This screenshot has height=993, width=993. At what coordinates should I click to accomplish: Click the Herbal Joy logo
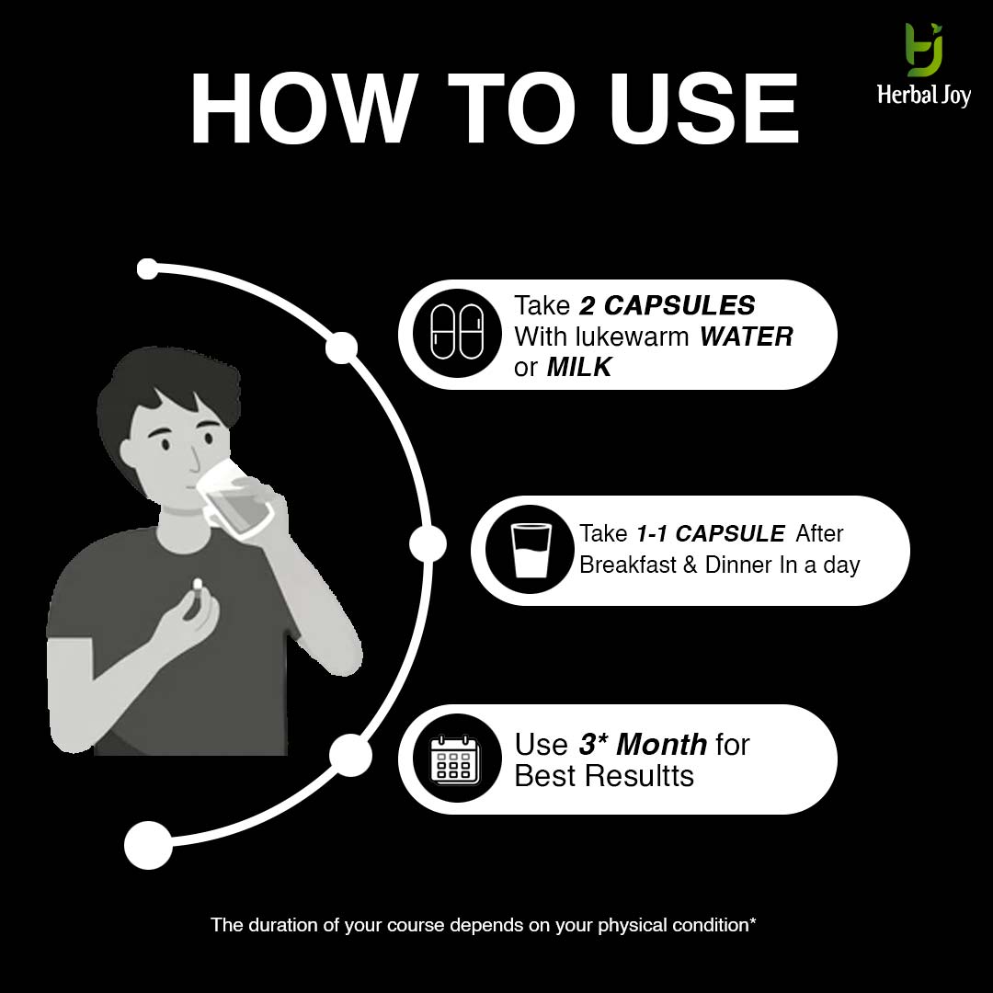(924, 65)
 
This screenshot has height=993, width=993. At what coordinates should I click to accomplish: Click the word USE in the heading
(704, 108)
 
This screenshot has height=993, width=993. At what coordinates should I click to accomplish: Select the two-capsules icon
(457, 333)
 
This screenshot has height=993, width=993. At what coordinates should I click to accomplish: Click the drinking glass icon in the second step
(531, 550)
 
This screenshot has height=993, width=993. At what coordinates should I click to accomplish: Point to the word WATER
(746, 337)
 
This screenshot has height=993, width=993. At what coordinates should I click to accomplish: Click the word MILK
(579, 367)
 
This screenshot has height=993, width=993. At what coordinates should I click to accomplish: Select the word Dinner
(739, 565)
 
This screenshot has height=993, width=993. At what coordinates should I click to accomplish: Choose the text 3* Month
(643, 744)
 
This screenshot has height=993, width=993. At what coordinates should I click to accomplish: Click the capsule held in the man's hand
(197, 585)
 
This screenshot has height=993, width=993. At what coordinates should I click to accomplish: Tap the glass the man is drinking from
(234, 501)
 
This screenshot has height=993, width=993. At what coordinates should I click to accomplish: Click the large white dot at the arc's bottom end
(148, 845)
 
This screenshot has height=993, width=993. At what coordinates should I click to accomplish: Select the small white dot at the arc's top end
(147, 268)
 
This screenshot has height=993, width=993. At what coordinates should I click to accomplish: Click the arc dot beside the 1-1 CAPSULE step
(428, 544)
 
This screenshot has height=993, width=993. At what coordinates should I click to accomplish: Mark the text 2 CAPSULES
(667, 306)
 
